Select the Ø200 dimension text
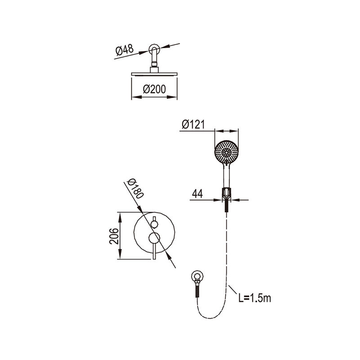click(154, 89)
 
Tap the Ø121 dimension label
click(193, 125)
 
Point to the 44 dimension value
click(198, 194)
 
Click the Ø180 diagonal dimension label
click(135, 188)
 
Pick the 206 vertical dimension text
click(114, 236)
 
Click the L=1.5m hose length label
click(255, 298)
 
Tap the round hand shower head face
click(226, 152)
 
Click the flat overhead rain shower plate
click(154, 74)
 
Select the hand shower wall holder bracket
click(226, 193)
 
